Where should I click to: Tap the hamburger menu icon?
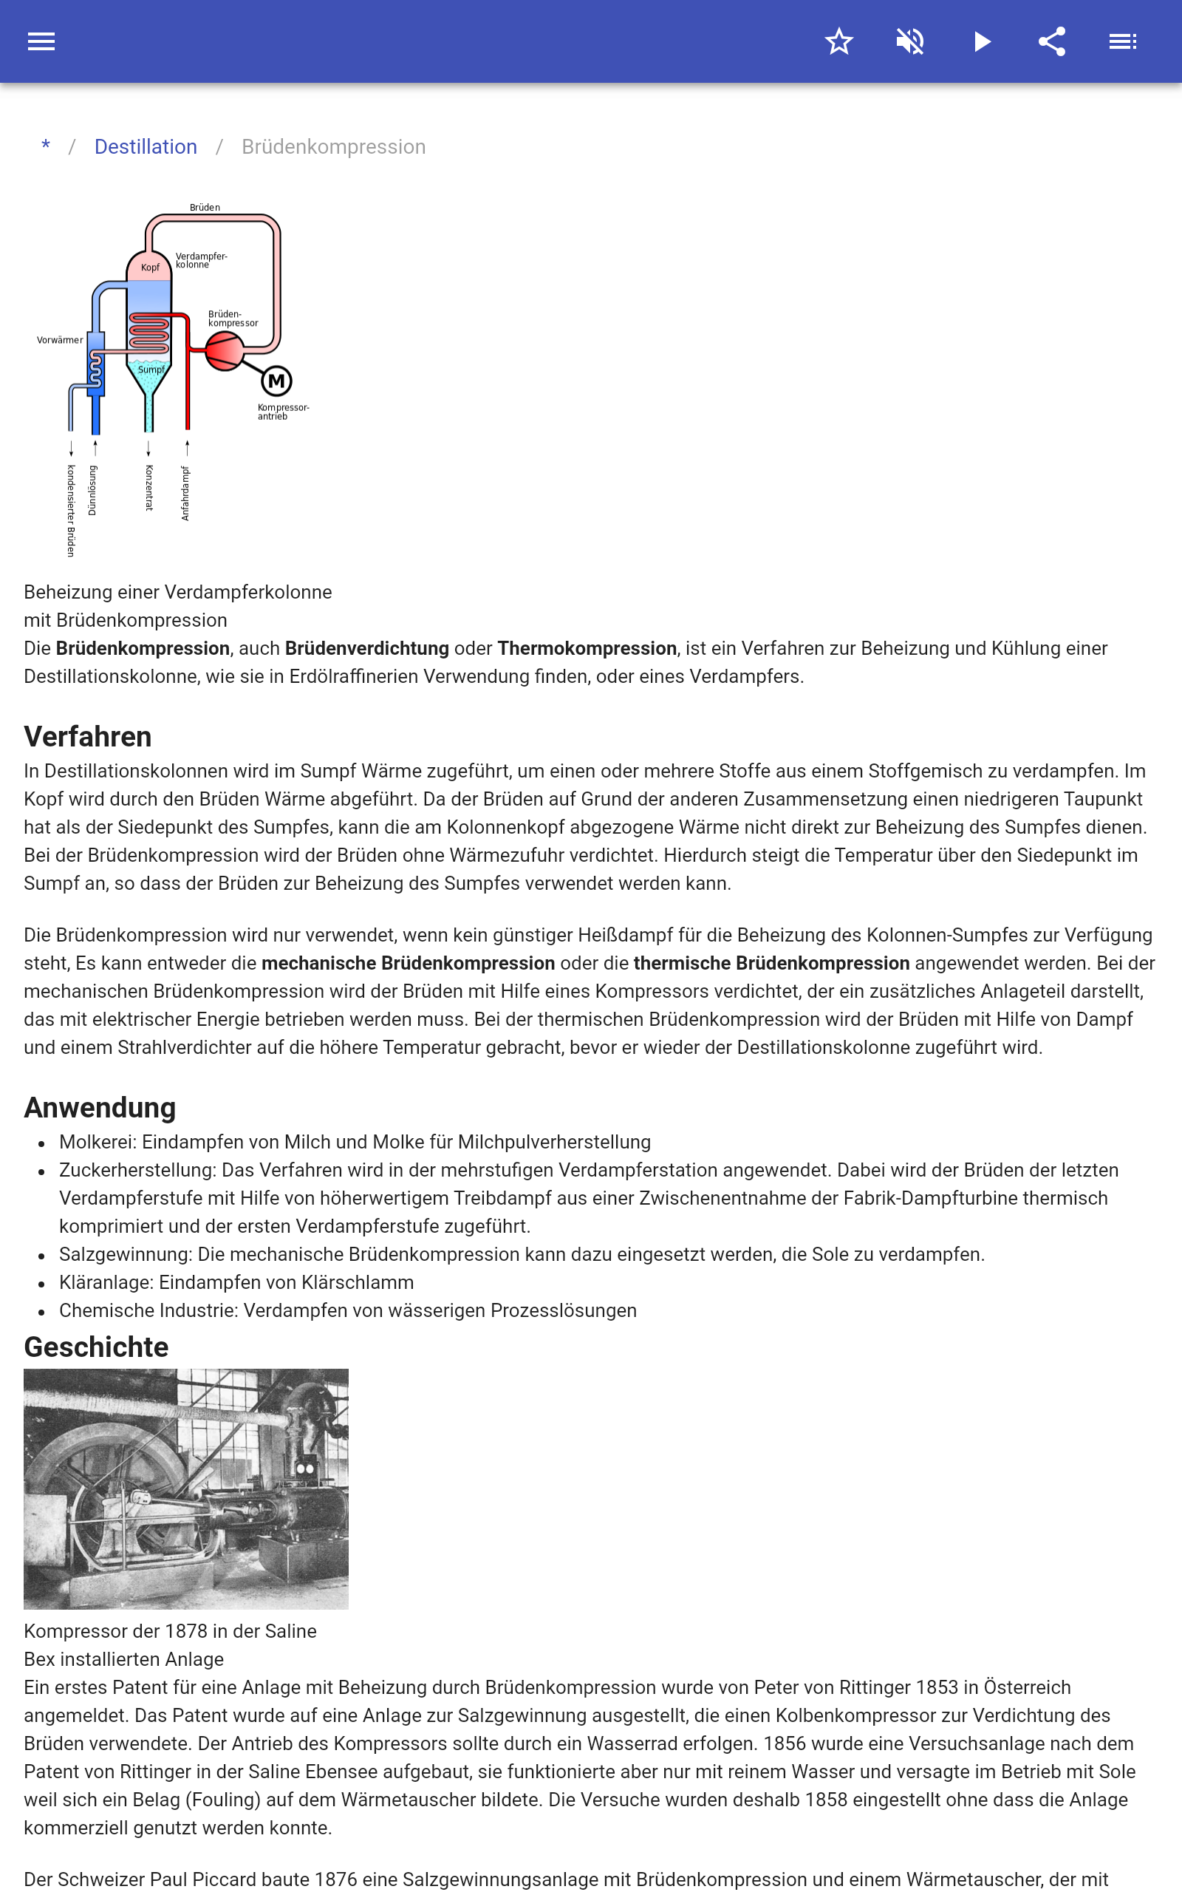pyautogui.click(x=41, y=41)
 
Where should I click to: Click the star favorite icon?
pyautogui.click(x=838, y=41)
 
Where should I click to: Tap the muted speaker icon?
pyautogui.click(x=910, y=41)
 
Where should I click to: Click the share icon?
pyautogui.click(x=1052, y=41)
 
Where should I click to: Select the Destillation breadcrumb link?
pyautogui.click(x=146, y=147)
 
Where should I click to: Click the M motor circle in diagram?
pyautogui.click(x=277, y=381)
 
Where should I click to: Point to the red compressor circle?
pyautogui.click(x=225, y=350)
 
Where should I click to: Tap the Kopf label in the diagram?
pyautogui.click(x=150, y=268)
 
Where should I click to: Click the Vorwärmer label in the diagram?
pyautogui.click(x=59, y=340)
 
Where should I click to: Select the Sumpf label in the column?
pyautogui.click(x=151, y=370)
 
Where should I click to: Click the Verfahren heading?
pyautogui.click(x=88, y=736)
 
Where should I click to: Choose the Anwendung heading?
pyautogui.click(x=100, y=1108)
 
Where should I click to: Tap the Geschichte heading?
pyautogui.click(x=96, y=1347)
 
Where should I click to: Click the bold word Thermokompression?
pyautogui.click(x=587, y=648)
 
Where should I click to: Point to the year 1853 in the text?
pyautogui.click(x=937, y=1687)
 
